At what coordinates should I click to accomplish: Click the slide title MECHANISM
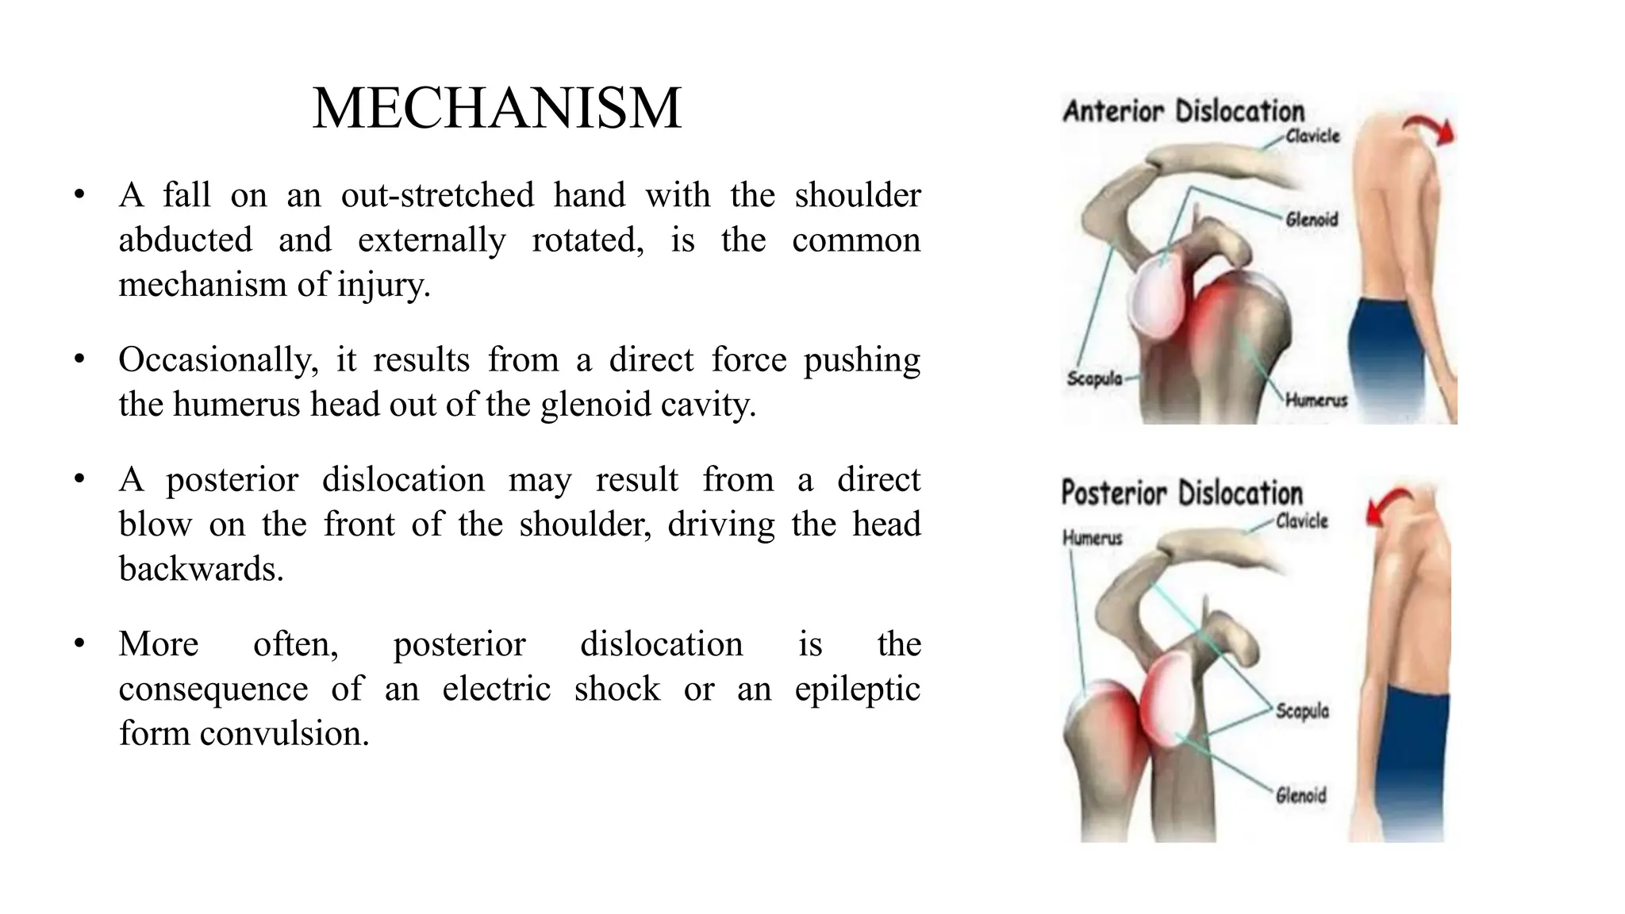(497, 109)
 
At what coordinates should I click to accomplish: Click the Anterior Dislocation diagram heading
(1183, 112)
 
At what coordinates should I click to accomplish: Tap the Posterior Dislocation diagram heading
(1181, 493)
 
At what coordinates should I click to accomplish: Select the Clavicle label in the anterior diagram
(1312, 136)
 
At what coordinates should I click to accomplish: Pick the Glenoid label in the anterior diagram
(1312, 219)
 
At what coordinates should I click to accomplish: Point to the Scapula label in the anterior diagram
(1094, 378)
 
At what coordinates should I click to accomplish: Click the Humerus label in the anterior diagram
(1316, 401)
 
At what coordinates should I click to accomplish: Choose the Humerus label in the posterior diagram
(1092, 539)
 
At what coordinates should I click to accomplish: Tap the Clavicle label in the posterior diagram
(1301, 521)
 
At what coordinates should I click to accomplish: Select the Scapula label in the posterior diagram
(1302, 711)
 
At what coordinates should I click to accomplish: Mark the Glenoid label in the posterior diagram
(1300, 794)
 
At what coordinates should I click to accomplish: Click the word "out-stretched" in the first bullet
(437, 195)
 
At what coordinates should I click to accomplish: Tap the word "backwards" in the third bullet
(200, 569)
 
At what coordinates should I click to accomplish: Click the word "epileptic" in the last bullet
(857, 689)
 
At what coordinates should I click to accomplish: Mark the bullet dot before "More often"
(79, 644)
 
